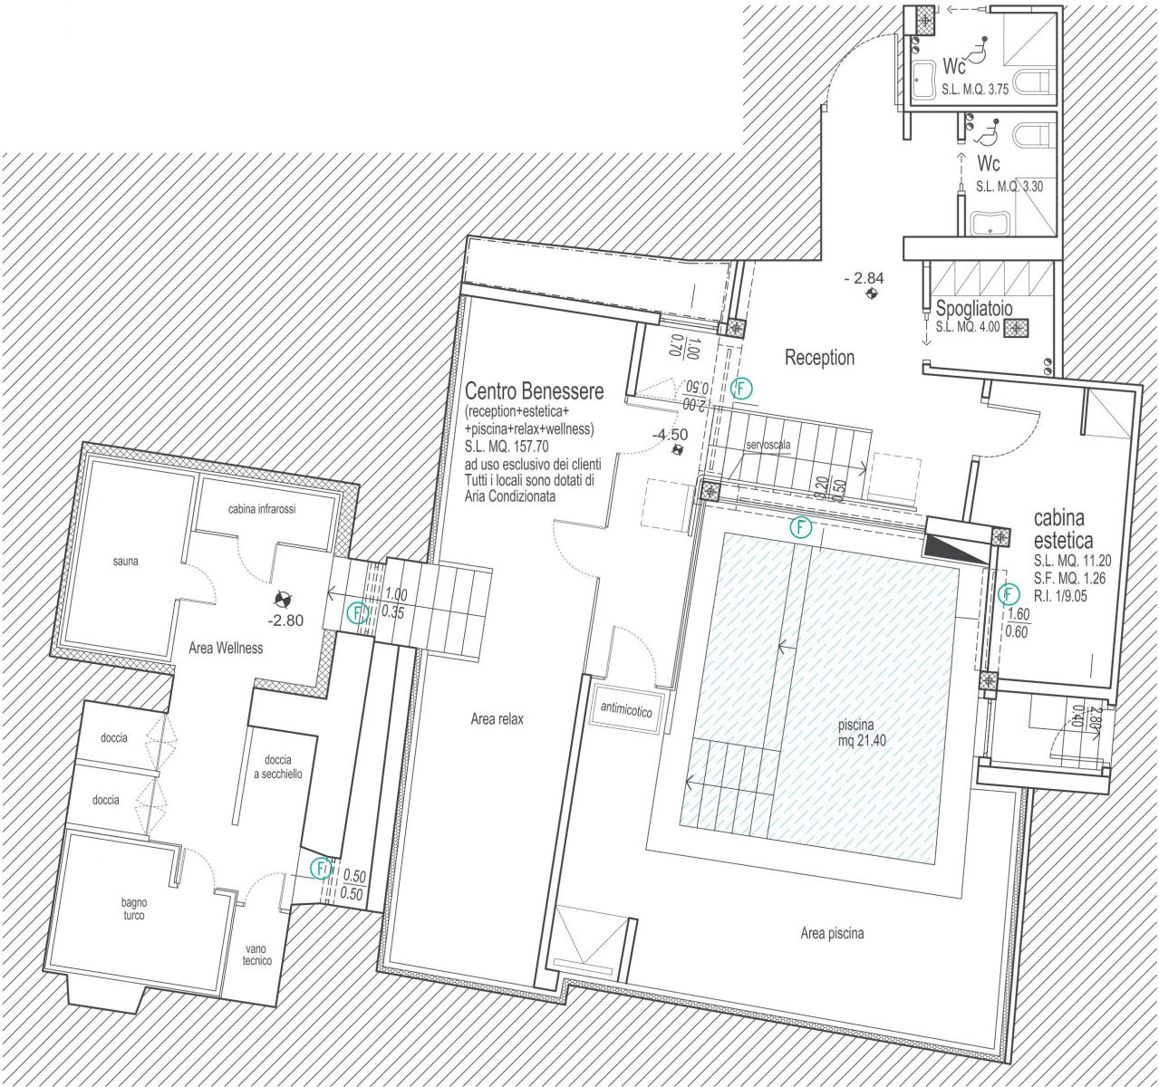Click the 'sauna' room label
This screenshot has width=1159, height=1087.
[x=125, y=562]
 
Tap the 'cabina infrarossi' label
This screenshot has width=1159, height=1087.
[x=262, y=509]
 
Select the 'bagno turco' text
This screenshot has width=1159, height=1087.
[x=133, y=909]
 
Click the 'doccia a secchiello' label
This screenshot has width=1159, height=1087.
[x=278, y=766]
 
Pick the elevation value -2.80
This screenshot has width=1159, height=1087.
[x=285, y=620]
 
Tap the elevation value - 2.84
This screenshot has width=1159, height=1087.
[x=864, y=278]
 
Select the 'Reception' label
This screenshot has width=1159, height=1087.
[x=819, y=357]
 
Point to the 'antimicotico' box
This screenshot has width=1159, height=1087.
[x=626, y=709]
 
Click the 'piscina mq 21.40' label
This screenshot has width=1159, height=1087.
[x=856, y=733]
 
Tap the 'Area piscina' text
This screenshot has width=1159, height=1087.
[x=832, y=934]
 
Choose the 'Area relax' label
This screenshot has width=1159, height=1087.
[x=497, y=719]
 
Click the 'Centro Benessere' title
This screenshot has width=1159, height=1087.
[x=534, y=391]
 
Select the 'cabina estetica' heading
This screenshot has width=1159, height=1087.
[x=1063, y=529]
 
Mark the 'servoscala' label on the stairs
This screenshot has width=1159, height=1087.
[x=768, y=445]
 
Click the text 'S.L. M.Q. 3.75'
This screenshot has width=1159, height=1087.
[x=974, y=91]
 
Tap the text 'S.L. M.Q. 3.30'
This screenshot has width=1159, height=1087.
[x=1009, y=188]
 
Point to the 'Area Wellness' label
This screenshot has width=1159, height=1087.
[x=226, y=648]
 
